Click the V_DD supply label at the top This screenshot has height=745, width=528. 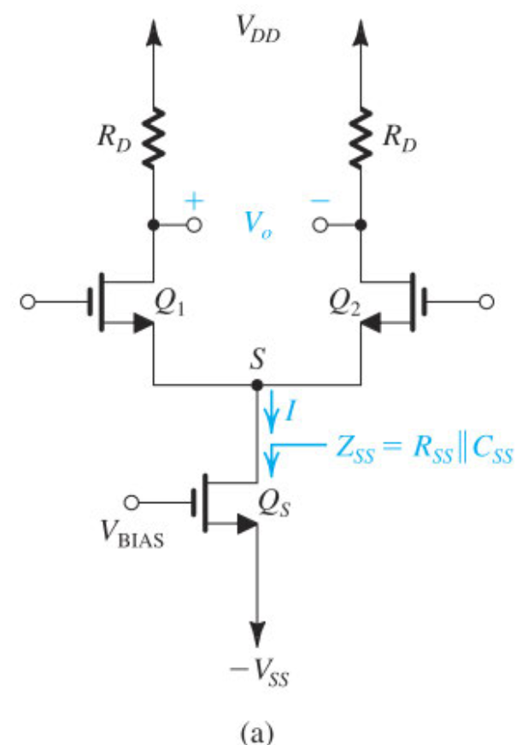tap(258, 31)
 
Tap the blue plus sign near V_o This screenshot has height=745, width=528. tap(196, 202)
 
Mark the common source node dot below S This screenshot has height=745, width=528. tap(257, 386)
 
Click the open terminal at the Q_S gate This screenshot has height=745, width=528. tap(132, 502)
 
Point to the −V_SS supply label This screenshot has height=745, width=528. tap(258, 678)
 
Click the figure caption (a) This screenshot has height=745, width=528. tap(257, 730)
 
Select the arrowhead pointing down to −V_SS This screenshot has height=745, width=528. tap(257, 633)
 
